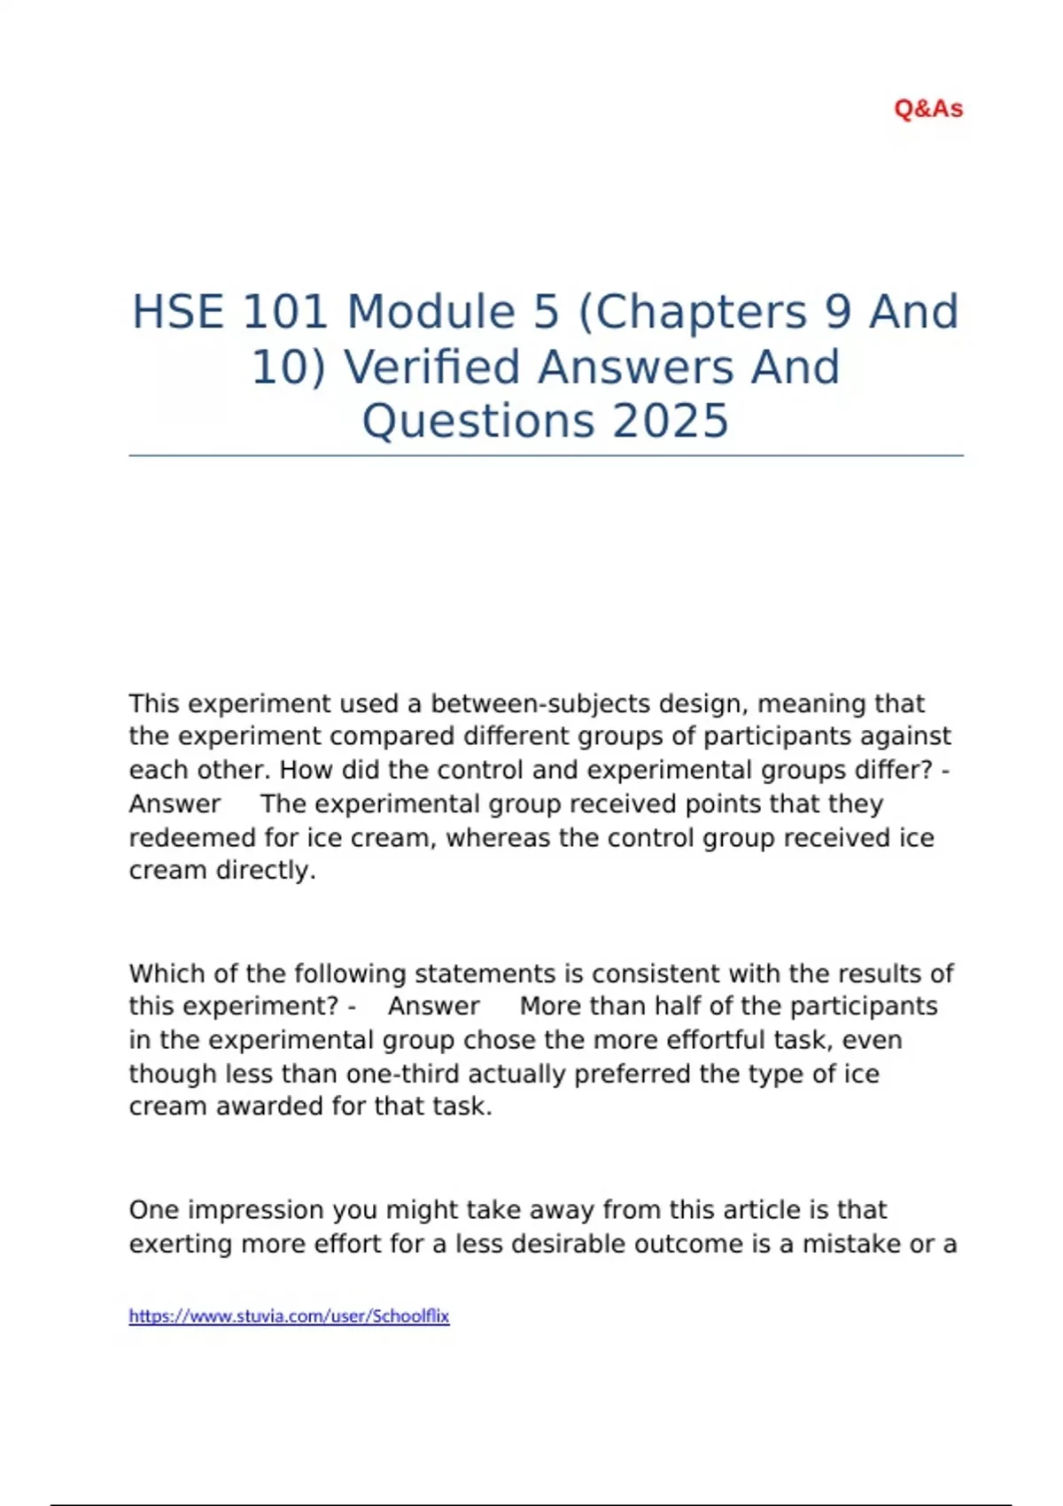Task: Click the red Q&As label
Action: click(928, 109)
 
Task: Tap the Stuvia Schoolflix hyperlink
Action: click(289, 1316)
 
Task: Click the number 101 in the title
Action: click(285, 312)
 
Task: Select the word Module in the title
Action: click(431, 312)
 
